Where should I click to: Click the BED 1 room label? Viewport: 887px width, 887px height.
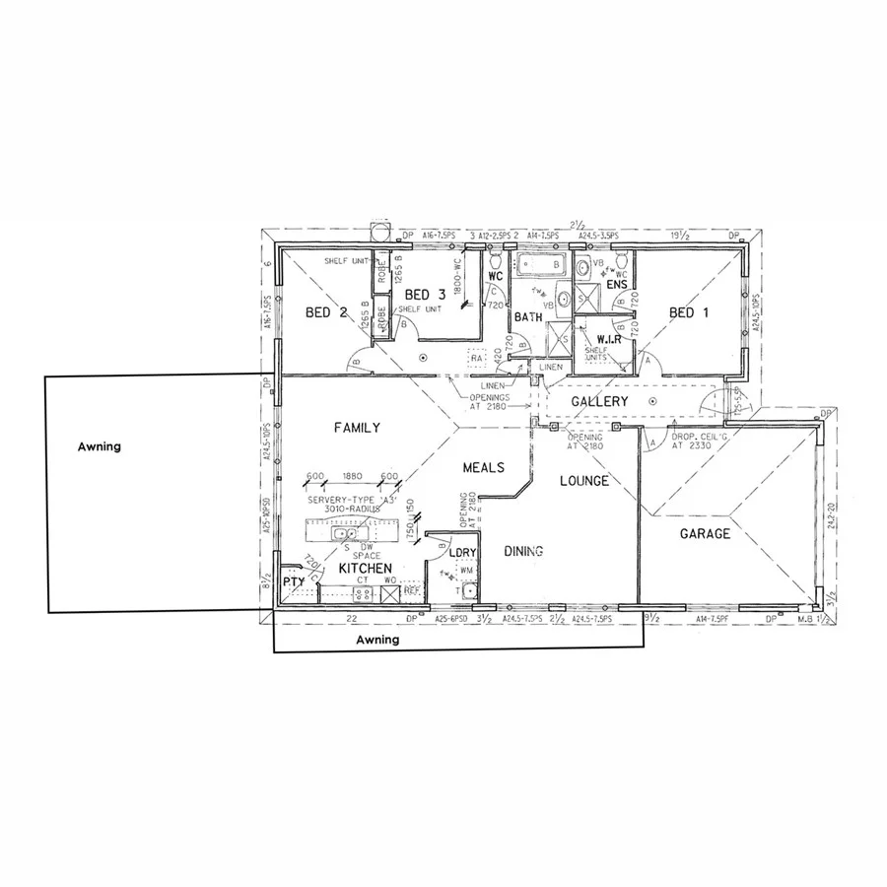688,313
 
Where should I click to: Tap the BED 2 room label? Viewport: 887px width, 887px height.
326,313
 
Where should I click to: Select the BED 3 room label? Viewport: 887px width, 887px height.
425,294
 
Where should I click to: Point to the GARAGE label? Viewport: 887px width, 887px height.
706,534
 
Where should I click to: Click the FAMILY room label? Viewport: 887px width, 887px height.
357,428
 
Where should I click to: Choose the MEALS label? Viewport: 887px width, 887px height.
484,467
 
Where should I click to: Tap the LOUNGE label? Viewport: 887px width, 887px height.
583,481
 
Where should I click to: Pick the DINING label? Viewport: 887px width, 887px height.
522,552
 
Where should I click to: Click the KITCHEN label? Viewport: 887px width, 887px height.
367,570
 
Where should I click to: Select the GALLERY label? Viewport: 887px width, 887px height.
600,402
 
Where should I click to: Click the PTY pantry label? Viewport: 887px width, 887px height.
294,582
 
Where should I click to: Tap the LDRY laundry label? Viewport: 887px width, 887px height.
463,552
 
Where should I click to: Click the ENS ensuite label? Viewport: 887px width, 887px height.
617,286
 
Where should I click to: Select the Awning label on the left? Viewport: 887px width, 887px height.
99,446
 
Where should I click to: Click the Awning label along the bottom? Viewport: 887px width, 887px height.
377,639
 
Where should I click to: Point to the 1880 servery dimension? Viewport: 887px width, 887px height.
352,476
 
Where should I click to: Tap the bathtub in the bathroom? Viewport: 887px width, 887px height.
539,264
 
